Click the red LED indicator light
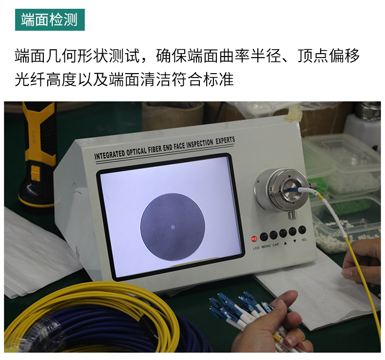[x=254, y=239]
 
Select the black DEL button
[x=303, y=230]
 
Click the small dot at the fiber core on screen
[x=173, y=226]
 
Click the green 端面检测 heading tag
[x=50, y=20]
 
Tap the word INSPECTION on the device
[x=194, y=143]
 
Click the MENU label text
[x=266, y=247]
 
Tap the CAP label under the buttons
[x=276, y=245]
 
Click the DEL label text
[x=304, y=240]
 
